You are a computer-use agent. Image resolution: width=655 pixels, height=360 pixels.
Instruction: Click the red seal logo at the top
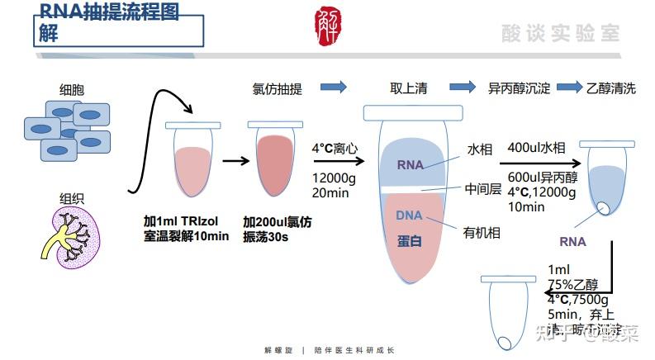[x=328, y=26]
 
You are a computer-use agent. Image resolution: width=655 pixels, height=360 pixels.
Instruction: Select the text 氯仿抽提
[x=277, y=88]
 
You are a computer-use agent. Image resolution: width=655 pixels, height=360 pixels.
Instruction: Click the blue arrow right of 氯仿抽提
[x=333, y=88]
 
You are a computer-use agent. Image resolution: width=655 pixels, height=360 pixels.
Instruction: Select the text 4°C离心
[x=334, y=149]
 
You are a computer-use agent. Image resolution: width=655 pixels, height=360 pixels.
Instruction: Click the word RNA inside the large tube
[x=410, y=164]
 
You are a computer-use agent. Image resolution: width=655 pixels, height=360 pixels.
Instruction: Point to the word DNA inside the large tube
[x=409, y=216]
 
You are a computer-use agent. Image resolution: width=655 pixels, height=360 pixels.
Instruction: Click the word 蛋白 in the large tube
[x=410, y=240]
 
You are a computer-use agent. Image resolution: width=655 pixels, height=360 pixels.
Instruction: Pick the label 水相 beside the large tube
[x=480, y=149]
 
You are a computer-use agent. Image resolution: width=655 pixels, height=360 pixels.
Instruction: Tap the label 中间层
[x=483, y=188]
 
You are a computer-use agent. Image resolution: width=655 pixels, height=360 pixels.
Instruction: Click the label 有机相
[x=482, y=233]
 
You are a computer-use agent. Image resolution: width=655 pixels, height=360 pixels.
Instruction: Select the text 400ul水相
[x=536, y=148]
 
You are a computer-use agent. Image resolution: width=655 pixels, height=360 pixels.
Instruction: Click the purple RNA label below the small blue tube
[x=572, y=242]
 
